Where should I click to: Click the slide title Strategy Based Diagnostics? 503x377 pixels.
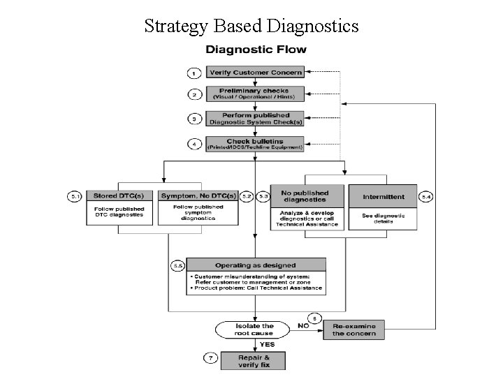251,26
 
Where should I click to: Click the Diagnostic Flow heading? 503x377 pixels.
255,50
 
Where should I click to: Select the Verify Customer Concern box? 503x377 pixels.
256,72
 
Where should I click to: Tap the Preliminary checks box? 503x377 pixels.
256,94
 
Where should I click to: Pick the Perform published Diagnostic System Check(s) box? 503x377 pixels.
256,118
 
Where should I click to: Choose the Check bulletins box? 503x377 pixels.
256,144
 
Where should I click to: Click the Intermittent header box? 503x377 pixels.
384,197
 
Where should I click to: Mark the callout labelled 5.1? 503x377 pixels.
75,198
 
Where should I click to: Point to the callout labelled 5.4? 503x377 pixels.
427,198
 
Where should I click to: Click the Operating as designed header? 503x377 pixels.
256,265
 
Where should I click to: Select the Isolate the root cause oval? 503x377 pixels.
255,330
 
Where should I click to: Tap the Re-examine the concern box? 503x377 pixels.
354,330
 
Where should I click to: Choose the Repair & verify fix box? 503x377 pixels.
254,361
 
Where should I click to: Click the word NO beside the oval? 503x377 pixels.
304,325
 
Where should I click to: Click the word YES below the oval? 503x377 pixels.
267,344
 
